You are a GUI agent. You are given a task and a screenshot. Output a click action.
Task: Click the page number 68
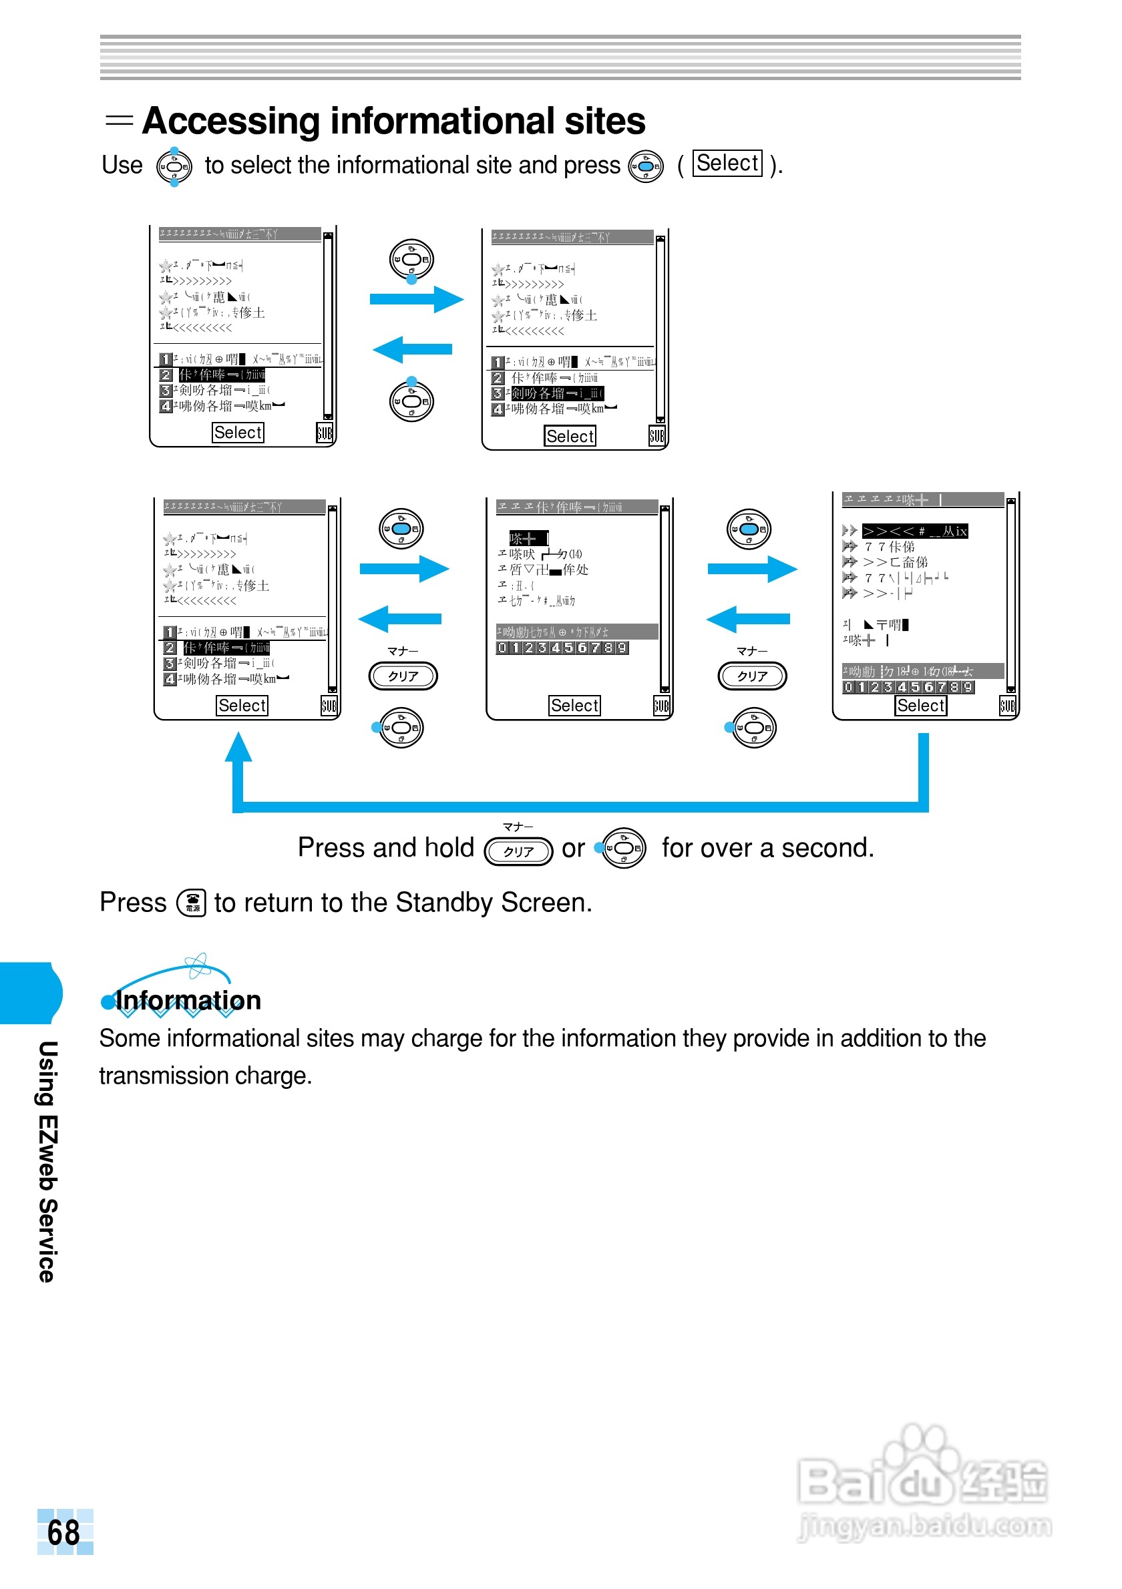click(x=63, y=1532)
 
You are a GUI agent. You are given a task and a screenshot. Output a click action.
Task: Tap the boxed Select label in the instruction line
click(x=727, y=164)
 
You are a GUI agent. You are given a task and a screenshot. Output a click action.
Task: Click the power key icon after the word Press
click(x=192, y=903)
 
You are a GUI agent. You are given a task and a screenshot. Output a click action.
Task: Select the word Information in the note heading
click(x=188, y=1000)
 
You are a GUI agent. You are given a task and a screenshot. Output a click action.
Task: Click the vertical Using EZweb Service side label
click(x=47, y=1160)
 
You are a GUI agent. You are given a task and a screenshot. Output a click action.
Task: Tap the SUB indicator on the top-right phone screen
click(x=657, y=435)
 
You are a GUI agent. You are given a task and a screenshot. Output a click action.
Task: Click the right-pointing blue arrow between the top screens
click(x=417, y=300)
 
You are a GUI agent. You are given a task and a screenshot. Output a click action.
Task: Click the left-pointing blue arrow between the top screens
click(x=413, y=349)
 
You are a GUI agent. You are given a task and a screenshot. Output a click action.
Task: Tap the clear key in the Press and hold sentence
click(x=518, y=851)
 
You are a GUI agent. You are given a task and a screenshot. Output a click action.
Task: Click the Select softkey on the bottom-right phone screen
click(x=920, y=705)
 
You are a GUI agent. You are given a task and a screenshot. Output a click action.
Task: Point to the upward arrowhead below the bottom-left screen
click(x=238, y=748)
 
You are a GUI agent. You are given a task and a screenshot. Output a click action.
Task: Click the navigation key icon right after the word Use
click(x=174, y=167)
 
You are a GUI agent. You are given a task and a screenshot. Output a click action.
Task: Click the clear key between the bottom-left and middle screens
click(x=403, y=676)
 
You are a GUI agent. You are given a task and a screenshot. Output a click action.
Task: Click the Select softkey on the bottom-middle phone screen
click(x=574, y=705)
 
